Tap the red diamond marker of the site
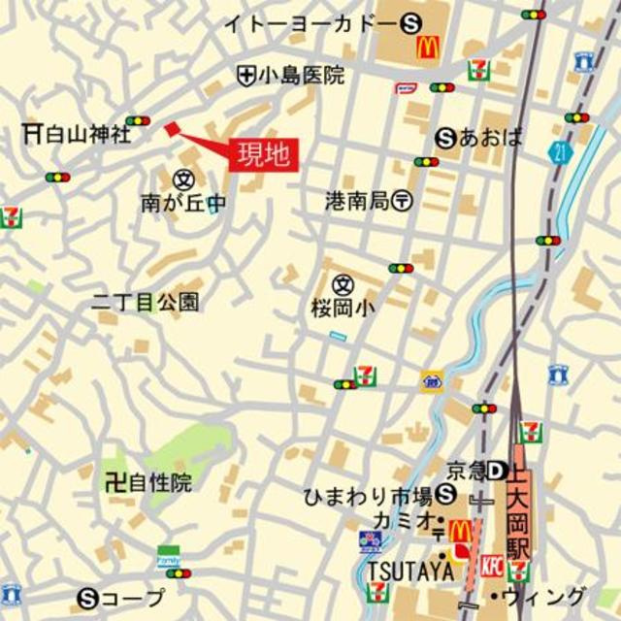pos(173,129)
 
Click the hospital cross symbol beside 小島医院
pos(246,75)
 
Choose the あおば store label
pos(492,138)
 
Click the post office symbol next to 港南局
pos(404,201)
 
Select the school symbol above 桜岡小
pos(342,284)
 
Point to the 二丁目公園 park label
pos(146,302)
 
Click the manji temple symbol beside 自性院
pos(115,481)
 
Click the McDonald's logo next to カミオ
pos(459,531)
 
